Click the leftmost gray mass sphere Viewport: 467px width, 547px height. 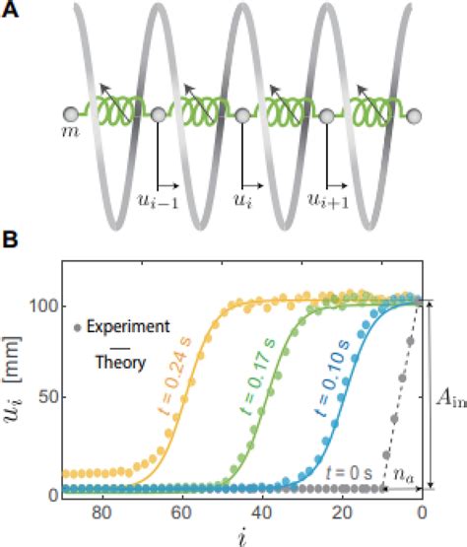click(71, 113)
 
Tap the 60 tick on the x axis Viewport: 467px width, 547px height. click(181, 511)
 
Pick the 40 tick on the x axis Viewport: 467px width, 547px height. click(261, 511)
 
